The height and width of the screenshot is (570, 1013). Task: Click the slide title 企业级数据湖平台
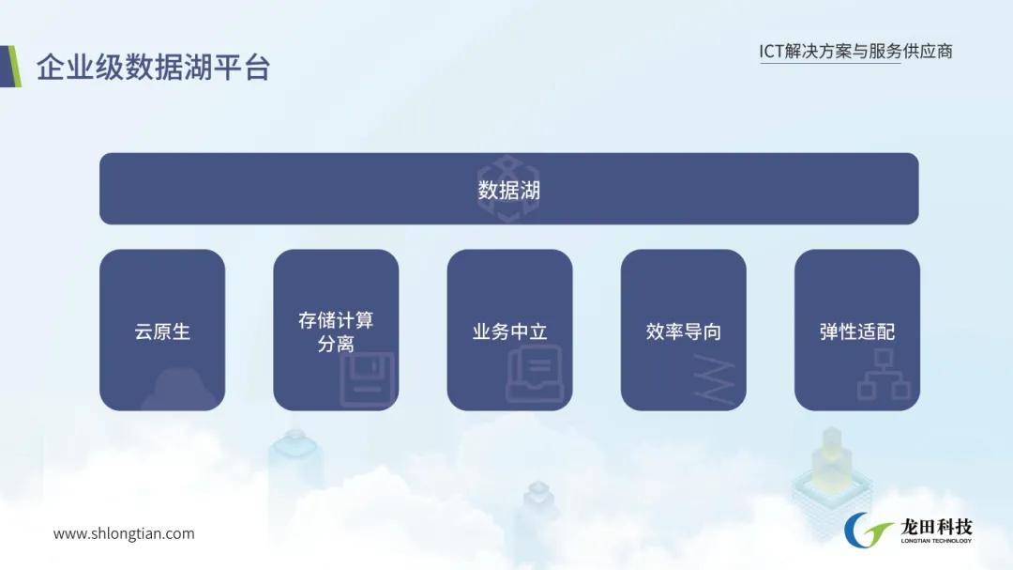(153, 68)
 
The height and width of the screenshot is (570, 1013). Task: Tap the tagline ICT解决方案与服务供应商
(856, 51)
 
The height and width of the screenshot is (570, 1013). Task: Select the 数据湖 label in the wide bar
(509, 191)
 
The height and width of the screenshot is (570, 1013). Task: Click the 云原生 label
(162, 331)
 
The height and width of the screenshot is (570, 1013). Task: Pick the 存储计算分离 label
(336, 331)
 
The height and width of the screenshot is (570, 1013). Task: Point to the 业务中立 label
(509, 331)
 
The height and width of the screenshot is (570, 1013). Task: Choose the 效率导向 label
(684, 331)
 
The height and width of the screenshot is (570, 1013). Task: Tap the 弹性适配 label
(857, 331)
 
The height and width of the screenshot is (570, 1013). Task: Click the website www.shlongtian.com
(124, 533)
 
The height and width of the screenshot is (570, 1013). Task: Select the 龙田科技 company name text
(936, 527)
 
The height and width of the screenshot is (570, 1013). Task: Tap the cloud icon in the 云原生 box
(179, 390)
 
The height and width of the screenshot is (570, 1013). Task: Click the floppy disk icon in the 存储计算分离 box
(367, 379)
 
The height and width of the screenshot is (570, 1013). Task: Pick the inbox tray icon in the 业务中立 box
(535, 374)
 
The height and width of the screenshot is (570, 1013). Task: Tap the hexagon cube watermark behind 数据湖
(507, 189)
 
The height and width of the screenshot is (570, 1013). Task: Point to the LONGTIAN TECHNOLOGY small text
(936, 541)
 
